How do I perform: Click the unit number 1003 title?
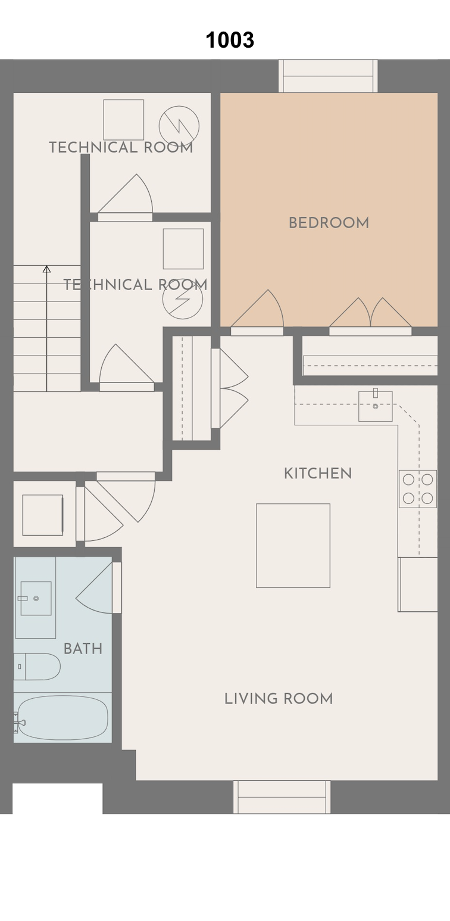coord(230,40)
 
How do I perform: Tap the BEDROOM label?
coord(329,223)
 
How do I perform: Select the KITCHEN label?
coord(318,473)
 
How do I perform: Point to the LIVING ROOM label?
coord(278,699)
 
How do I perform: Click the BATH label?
coord(83,649)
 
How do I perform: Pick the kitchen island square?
coord(293,546)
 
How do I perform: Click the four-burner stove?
coord(417,489)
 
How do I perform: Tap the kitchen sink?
coord(375,406)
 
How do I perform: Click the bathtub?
coord(62,717)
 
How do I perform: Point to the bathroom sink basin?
coord(36,598)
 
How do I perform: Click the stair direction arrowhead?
coord(47,269)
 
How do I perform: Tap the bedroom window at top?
coord(328,76)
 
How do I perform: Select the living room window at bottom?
coord(282,797)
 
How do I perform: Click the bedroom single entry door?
coord(257,313)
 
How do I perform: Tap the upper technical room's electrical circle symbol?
coord(179,126)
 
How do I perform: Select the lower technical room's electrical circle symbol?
coord(183,299)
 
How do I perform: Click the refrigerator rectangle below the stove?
coord(417,584)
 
